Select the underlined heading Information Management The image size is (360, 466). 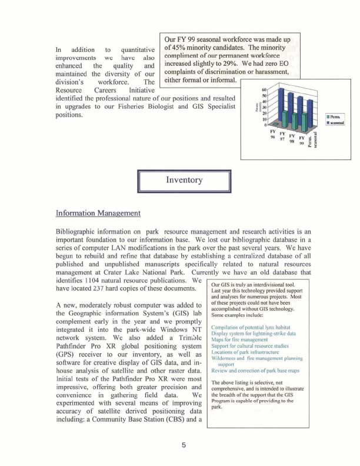(98, 212)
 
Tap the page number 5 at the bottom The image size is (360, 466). (184, 445)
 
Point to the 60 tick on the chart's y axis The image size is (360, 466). (264, 90)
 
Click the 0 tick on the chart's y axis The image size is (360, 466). (266, 125)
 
